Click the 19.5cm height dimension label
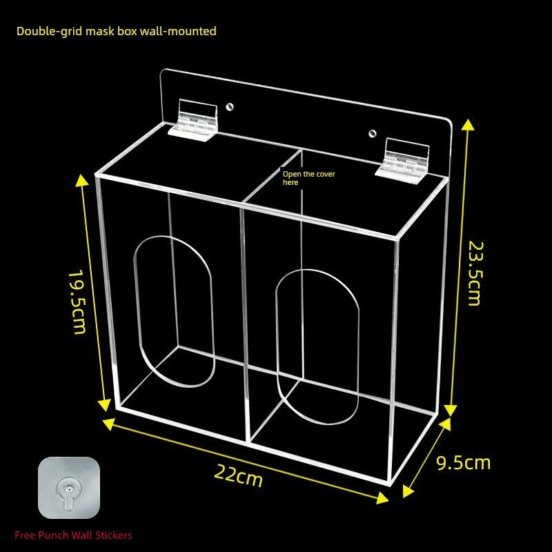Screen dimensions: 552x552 pyautogui.click(x=77, y=302)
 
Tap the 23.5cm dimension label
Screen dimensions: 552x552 pyautogui.click(x=475, y=273)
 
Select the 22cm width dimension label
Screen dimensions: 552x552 pyautogui.click(x=238, y=475)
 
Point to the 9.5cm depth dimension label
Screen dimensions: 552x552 pyautogui.click(x=463, y=462)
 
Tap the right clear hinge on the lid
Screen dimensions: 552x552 pyautogui.click(x=403, y=161)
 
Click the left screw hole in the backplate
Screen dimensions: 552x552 pyautogui.click(x=230, y=107)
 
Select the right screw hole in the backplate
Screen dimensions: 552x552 pyautogui.click(x=372, y=133)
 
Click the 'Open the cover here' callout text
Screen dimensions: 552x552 pyautogui.click(x=308, y=178)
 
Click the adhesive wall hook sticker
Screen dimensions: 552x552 pyautogui.click(x=69, y=488)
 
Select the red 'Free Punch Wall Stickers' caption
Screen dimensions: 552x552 pyautogui.click(x=73, y=535)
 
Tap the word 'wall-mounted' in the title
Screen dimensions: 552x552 pyautogui.click(x=178, y=31)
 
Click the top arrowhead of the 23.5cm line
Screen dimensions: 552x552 pyautogui.click(x=468, y=124)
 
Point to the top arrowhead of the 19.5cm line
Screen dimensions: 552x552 pyautogui.click(x=81, y=180)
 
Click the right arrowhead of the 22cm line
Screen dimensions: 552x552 pyautogui.click(x=383, y=498)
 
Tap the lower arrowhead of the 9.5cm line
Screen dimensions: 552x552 pyautogui.click(x=408, y=491)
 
